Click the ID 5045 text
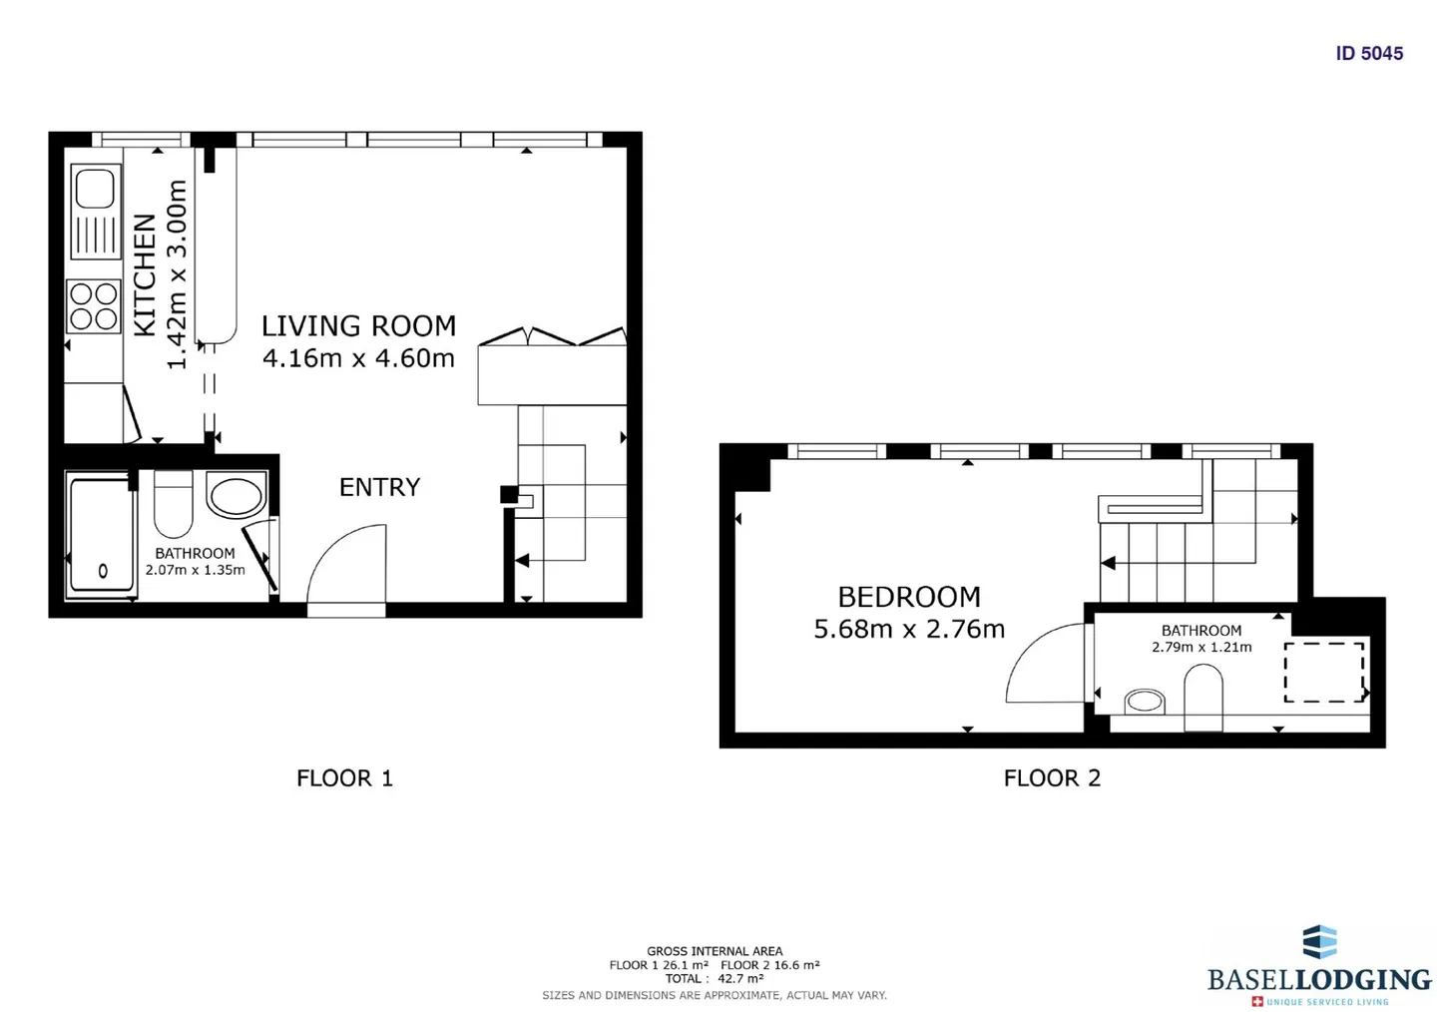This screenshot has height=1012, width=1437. (1369, 53)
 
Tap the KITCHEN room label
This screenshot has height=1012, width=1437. (145, 274)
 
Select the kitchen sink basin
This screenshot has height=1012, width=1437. (95, 189)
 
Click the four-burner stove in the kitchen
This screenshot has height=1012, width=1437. (94, 306)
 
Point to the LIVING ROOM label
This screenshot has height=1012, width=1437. (358, 326)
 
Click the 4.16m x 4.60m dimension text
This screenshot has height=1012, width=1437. (358, 358)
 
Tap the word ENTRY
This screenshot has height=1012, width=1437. (380, 487)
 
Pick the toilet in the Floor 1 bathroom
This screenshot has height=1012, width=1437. (174, 504)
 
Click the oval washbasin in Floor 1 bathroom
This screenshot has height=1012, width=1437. (237, 495)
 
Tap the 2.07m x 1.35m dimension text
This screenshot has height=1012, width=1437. (195, 570)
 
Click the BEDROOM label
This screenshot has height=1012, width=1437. (909, 597)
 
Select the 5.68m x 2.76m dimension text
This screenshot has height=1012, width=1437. (909, 629)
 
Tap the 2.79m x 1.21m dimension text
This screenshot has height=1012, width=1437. (1201, 647)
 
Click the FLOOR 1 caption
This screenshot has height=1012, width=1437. (344, 778)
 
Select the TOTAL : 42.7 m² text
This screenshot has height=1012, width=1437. (715, 979)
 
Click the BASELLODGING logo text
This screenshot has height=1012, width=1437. (1319, 980)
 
